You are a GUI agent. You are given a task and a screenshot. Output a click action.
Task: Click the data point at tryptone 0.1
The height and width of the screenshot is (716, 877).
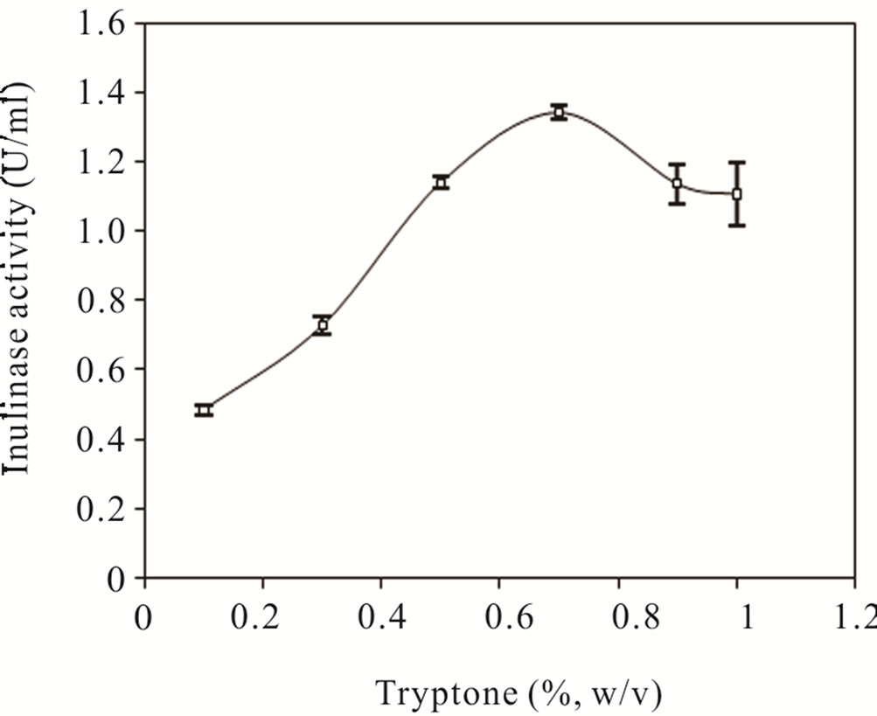point(204,410)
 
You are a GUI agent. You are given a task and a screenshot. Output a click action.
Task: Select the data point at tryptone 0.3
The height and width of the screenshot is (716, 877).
point(323,325)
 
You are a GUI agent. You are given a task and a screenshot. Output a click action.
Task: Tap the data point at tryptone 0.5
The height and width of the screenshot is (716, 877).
point(442,182)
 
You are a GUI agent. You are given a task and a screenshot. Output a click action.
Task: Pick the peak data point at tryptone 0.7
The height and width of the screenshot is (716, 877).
point(560,112)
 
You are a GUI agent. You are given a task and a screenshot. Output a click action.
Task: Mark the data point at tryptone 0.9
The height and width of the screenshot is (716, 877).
point(677,184)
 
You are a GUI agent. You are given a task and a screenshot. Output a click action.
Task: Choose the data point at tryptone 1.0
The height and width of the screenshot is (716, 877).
point(737,193)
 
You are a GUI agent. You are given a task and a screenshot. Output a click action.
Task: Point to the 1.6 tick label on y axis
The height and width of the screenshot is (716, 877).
point(101,24)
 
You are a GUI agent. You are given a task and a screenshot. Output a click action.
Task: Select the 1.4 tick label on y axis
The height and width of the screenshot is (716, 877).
point(101,93)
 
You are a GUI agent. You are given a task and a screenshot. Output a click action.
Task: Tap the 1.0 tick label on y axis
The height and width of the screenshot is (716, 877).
point(101,231)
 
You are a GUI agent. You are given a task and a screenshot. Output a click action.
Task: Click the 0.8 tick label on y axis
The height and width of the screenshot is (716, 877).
point(101,300)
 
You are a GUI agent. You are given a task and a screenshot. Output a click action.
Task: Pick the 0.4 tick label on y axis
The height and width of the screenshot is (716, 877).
point(101,439)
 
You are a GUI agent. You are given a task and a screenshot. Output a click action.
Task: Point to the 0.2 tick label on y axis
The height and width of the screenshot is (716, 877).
point(101,508)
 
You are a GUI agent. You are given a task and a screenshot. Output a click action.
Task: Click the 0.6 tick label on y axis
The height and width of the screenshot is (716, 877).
point(101,369)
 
